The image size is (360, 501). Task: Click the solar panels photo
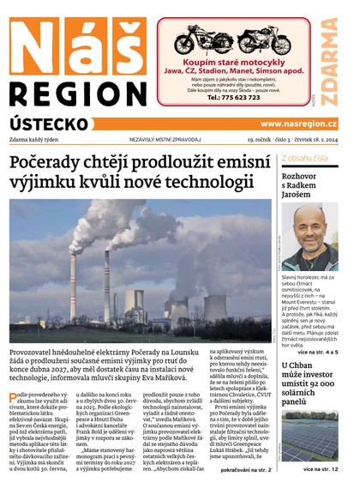(309, 437)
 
